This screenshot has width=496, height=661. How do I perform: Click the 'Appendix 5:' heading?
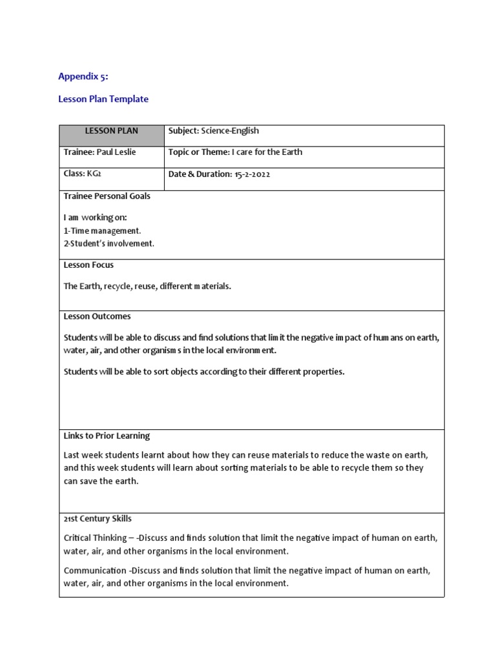pyautogui.click(x=83, y=76)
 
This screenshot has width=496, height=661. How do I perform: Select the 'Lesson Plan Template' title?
pyautogui.click(x=103, y=99)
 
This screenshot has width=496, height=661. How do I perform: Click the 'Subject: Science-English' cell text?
pyautogui.click(x=214, y=131)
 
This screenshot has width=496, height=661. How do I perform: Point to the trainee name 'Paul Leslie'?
pyautogui.click(x=116, y=152)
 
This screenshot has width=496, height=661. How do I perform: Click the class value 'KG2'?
pyautogui.click(x=95, y=174)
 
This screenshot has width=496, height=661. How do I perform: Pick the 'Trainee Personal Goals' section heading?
pyautogui.click(x=107, y=196)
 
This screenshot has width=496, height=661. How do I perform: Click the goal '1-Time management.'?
pyautogui.click(x=102, y=230)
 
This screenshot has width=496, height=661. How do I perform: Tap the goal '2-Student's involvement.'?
pyautogui.click(x=109, y=243)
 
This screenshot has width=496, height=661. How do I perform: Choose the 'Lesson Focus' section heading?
pyautogui.click(x=88, y=265)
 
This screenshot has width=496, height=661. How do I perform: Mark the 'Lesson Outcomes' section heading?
pyautogui.click(x=97, y=317)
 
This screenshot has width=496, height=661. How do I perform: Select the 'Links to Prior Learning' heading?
pyautogui.click(x=107, y=436)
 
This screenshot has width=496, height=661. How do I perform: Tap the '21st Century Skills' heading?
pyautogui.click(x=98, y=519)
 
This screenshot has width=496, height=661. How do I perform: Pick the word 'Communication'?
pyautogui.click(x=95, y=571)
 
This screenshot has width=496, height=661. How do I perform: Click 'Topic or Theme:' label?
pyautogui.click(x=199, y=152)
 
